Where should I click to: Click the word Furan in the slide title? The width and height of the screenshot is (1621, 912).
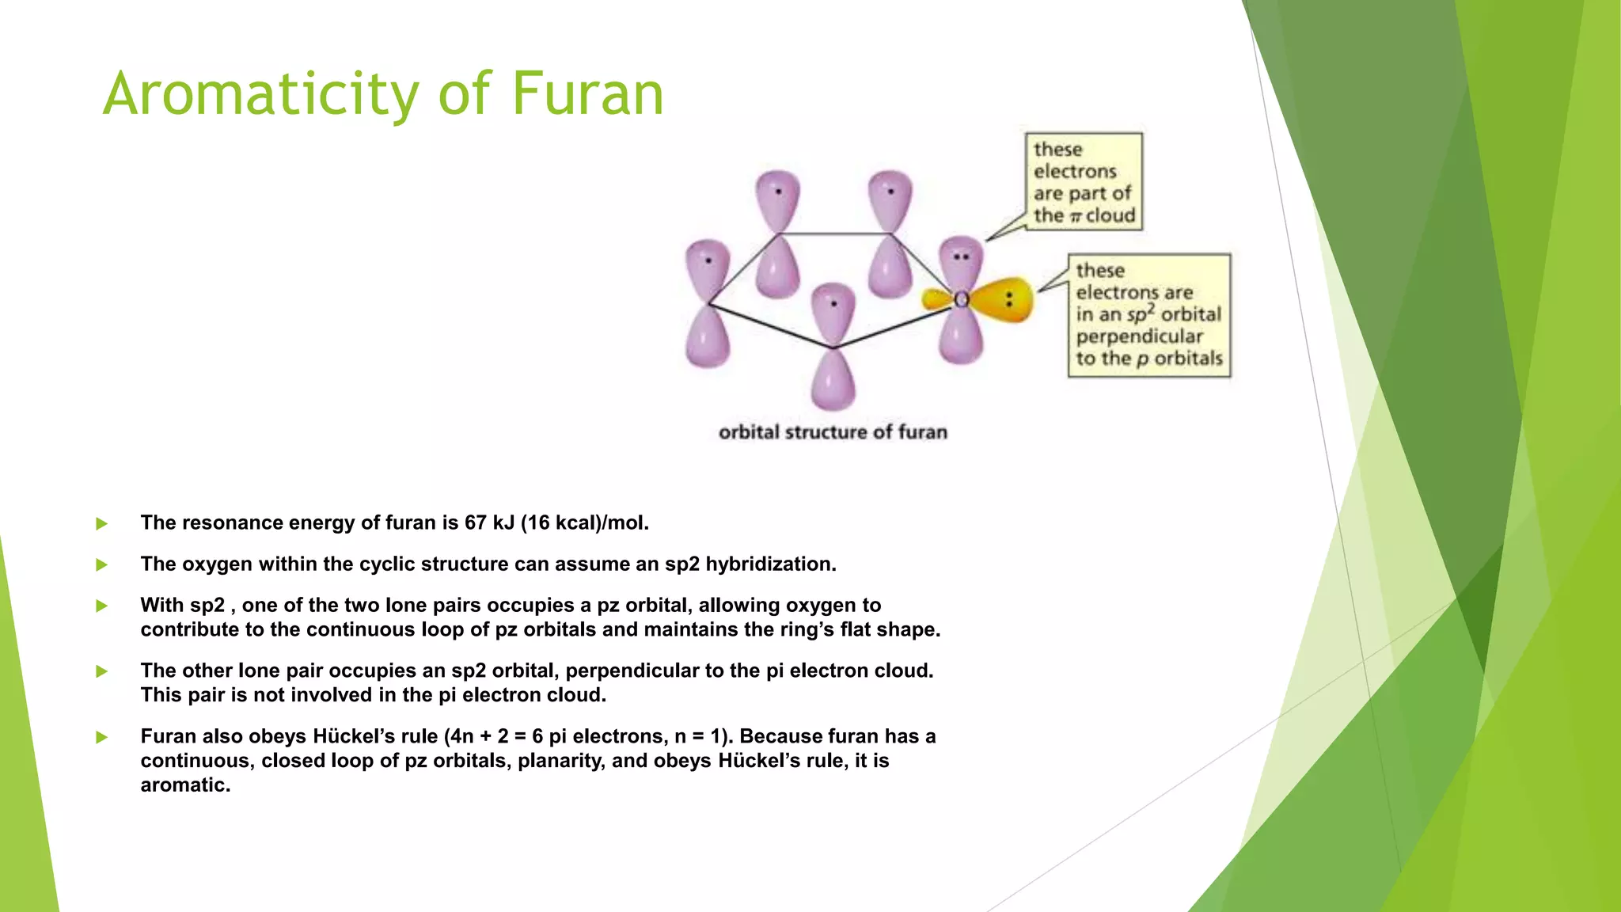(x=587, y=94)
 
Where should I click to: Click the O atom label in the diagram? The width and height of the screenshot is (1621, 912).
(x=961, y=300)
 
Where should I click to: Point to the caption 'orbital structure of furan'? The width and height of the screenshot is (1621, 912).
(x=833, y=432)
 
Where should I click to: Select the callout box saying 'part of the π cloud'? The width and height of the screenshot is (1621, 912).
(x=1083, y=182)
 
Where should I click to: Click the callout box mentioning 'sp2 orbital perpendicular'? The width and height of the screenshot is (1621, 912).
(x=1148, y=315)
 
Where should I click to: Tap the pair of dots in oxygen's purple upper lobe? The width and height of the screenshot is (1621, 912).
(x=961, y=257)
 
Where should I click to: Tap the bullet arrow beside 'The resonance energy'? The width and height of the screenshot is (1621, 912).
(x=101, y=523)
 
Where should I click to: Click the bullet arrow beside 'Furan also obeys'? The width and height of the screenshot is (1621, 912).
(x=101, y=737)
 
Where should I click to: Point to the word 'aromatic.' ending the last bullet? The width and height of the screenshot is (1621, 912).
(x=185, y=785)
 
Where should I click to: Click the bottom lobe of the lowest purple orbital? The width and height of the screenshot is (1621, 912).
(x=833, y=382)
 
